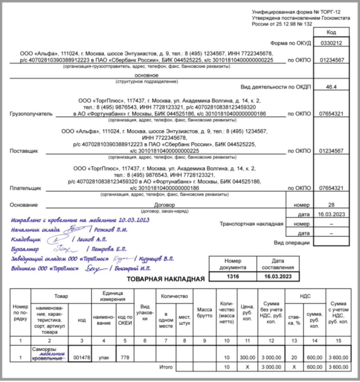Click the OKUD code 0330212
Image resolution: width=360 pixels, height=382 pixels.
coord(332,43)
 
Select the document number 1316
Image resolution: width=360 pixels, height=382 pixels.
coord(233,277)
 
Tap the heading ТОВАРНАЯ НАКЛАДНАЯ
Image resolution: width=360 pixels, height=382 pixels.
coord(165,279)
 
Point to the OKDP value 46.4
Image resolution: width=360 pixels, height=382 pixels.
coord(332,87)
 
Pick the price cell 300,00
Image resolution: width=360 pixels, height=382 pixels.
coord(247,357)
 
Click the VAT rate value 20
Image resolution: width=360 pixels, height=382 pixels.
coord(294,357)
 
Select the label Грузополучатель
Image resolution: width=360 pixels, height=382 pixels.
coord(31,114)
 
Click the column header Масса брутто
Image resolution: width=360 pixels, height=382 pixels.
coord(204,313)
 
